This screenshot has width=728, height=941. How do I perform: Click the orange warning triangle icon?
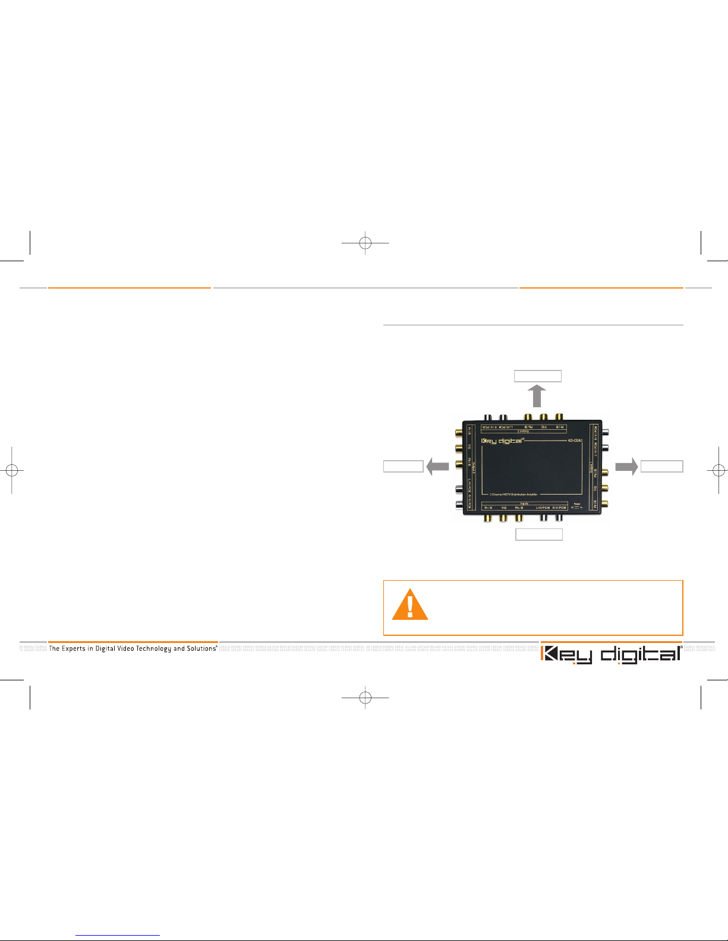(409, 605)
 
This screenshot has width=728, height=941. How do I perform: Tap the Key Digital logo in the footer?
(611, 654)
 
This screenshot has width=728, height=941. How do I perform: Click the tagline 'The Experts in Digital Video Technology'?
(133, 648)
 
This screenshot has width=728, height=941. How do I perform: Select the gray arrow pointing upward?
(537, 395)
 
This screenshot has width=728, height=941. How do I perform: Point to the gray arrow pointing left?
(437, 467)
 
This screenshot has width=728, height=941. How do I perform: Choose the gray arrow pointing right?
(626, 467)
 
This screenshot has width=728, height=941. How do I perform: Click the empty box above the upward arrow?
(538, 376)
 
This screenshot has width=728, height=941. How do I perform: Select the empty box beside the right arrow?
(661, 467)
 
